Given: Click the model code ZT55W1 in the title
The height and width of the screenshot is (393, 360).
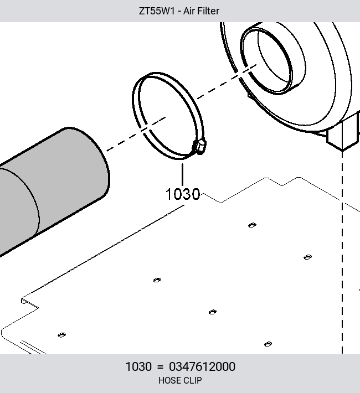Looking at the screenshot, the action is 157,11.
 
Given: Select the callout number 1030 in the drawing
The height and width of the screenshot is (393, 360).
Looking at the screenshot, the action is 183,194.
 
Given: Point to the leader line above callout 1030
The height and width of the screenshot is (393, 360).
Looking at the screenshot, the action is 182,175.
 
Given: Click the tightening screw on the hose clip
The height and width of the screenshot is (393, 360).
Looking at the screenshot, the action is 200,147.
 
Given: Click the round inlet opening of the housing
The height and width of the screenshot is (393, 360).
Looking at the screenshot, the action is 266,61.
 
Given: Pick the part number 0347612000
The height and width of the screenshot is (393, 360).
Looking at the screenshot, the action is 202,366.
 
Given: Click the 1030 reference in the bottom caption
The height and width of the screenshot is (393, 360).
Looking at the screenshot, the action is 138,366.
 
